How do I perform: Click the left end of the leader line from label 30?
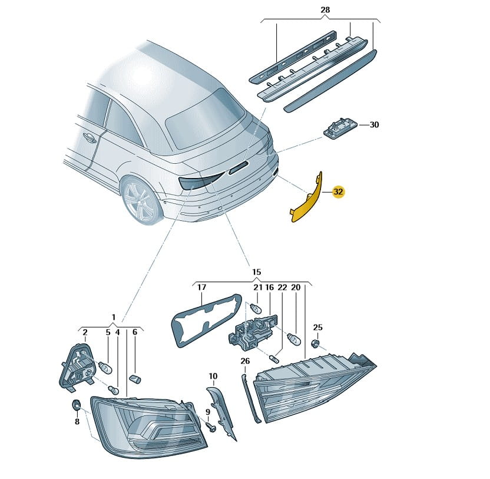click(359, 125)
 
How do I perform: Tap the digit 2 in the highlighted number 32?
click(341, 191)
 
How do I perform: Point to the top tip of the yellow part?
click(321, 171)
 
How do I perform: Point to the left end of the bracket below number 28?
click(261, 21)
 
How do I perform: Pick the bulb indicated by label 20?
click(294, 339)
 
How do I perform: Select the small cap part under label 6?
click(135, 379)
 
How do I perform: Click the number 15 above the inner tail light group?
click(257, 272)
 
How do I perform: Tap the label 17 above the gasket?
click(202, 287)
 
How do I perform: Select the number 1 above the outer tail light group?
click(114, 317)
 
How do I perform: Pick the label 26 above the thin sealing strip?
click(246, 361)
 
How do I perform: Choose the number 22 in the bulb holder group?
click(283, 288)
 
